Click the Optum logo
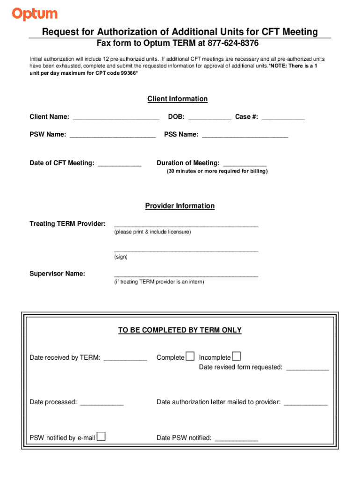35,15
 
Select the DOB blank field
209,117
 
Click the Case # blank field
283,117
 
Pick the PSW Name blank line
112,135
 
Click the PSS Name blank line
245,135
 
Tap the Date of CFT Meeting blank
119,163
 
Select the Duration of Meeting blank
245,163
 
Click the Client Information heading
177,99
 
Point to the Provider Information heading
180,206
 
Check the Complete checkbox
190,356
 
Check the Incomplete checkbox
237,356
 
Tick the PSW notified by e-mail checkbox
101,436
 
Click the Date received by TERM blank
125,358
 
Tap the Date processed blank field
102,402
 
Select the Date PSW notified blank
236,439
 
